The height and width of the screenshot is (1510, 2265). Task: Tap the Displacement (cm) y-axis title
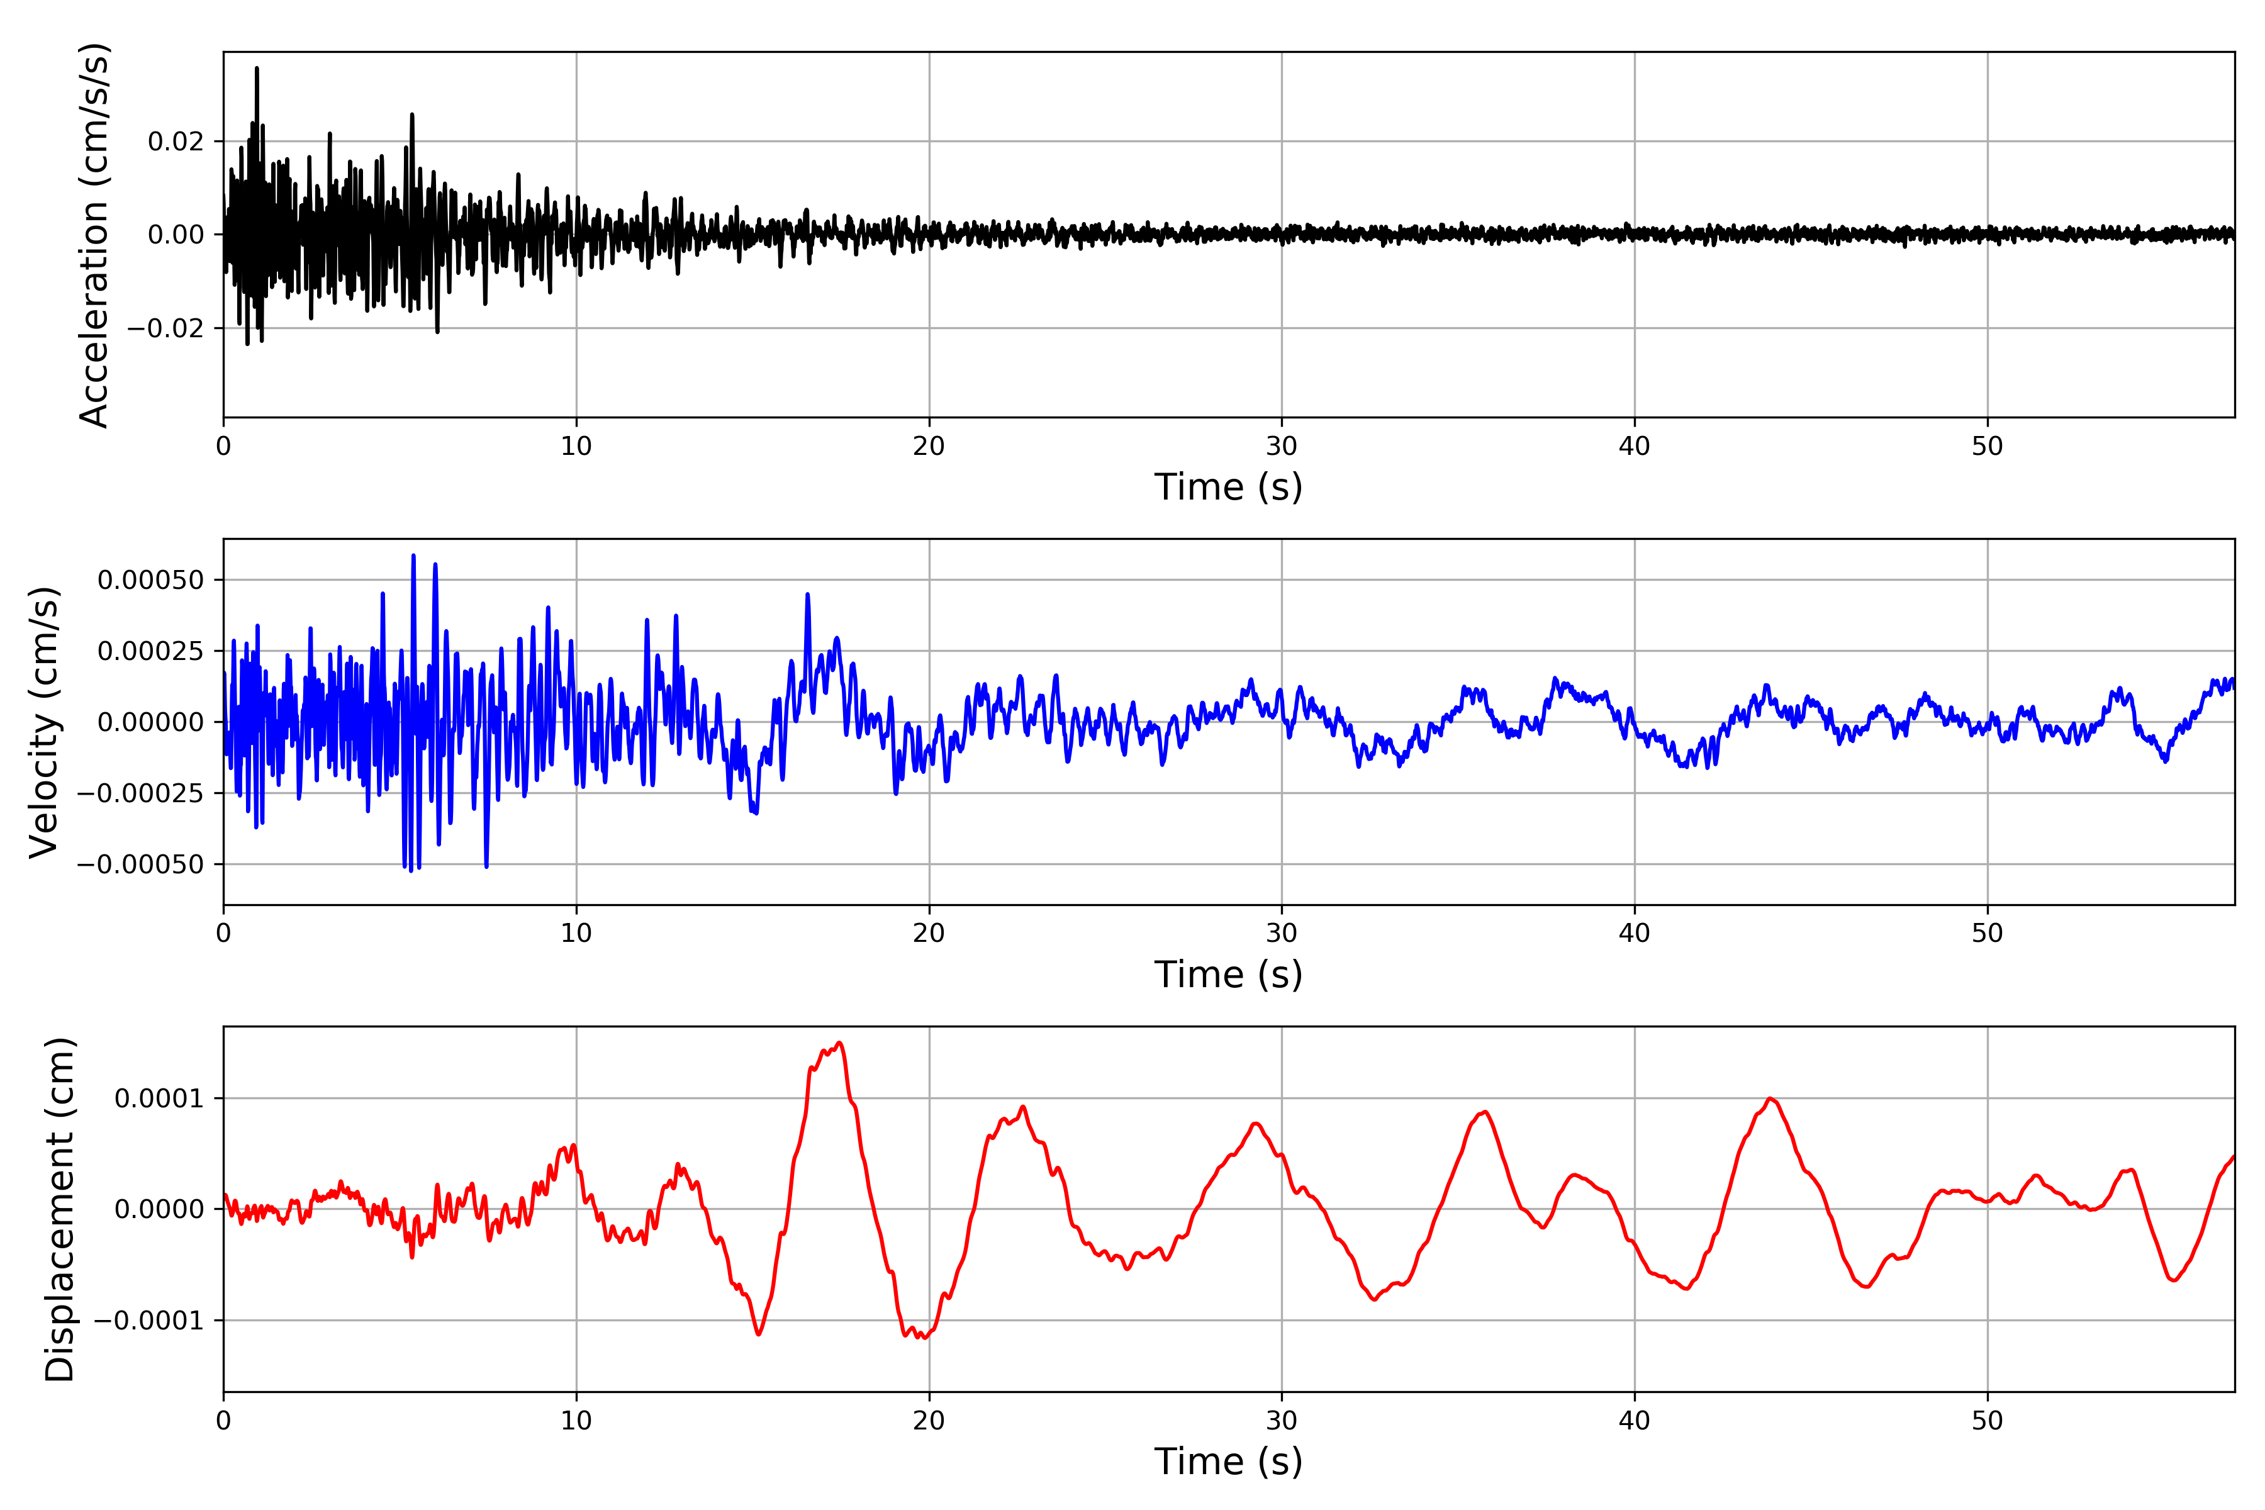click(60, 1209)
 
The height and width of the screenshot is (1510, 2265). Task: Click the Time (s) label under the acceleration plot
click(1228, 487)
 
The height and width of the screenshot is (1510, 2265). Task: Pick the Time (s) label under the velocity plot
click(1228, 975)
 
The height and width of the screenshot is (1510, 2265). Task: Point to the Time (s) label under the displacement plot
click(1228, 1462)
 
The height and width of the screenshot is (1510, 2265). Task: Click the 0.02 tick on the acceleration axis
click(176, 142)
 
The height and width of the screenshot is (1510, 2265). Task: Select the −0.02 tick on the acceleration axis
click(165, 328)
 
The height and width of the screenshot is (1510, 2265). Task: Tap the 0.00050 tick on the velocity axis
click(150, 579)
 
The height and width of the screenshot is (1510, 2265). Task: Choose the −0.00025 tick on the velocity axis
click(140, 793)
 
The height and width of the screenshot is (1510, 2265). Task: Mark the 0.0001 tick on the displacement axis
click(159, 1099)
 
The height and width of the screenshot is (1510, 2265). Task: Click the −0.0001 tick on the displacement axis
click(149, 1320)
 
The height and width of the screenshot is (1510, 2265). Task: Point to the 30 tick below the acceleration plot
click(1282, 447)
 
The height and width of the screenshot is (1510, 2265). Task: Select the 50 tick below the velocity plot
click(1987, 933)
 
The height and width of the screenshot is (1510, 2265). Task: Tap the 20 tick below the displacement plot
click(929, 1421)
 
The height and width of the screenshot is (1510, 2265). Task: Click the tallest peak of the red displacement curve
click(840, 1043)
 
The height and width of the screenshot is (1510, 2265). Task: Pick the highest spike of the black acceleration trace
click(256, 69)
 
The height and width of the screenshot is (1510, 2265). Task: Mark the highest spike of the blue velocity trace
click(413, 556)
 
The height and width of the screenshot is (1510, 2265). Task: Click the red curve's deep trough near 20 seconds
click(922, 1338)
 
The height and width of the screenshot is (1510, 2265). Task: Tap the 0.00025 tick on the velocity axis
click(150, 651)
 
